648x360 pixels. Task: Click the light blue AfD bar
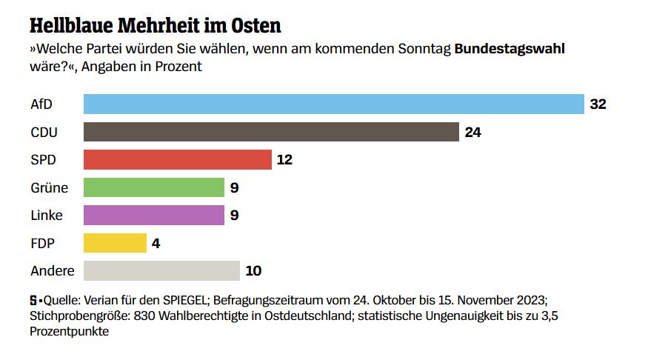point(333,104)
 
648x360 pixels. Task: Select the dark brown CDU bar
point(271,132)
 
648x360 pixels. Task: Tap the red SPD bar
point(177,159)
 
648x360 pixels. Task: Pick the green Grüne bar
point(153,187)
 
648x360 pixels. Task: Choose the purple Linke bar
point(153,215)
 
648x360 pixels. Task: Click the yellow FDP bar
point(115,243)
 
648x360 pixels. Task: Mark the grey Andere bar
point(161,270)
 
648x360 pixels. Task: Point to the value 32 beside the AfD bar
point(598,104)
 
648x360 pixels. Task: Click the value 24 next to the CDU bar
point(473,132)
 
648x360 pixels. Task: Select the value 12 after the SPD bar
point(285,159)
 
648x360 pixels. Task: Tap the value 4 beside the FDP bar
point(156,243)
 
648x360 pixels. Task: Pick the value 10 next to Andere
point(253,270)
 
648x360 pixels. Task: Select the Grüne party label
point(49,187)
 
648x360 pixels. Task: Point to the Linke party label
point(46,216)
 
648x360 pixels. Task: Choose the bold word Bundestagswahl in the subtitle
point(510,50)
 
